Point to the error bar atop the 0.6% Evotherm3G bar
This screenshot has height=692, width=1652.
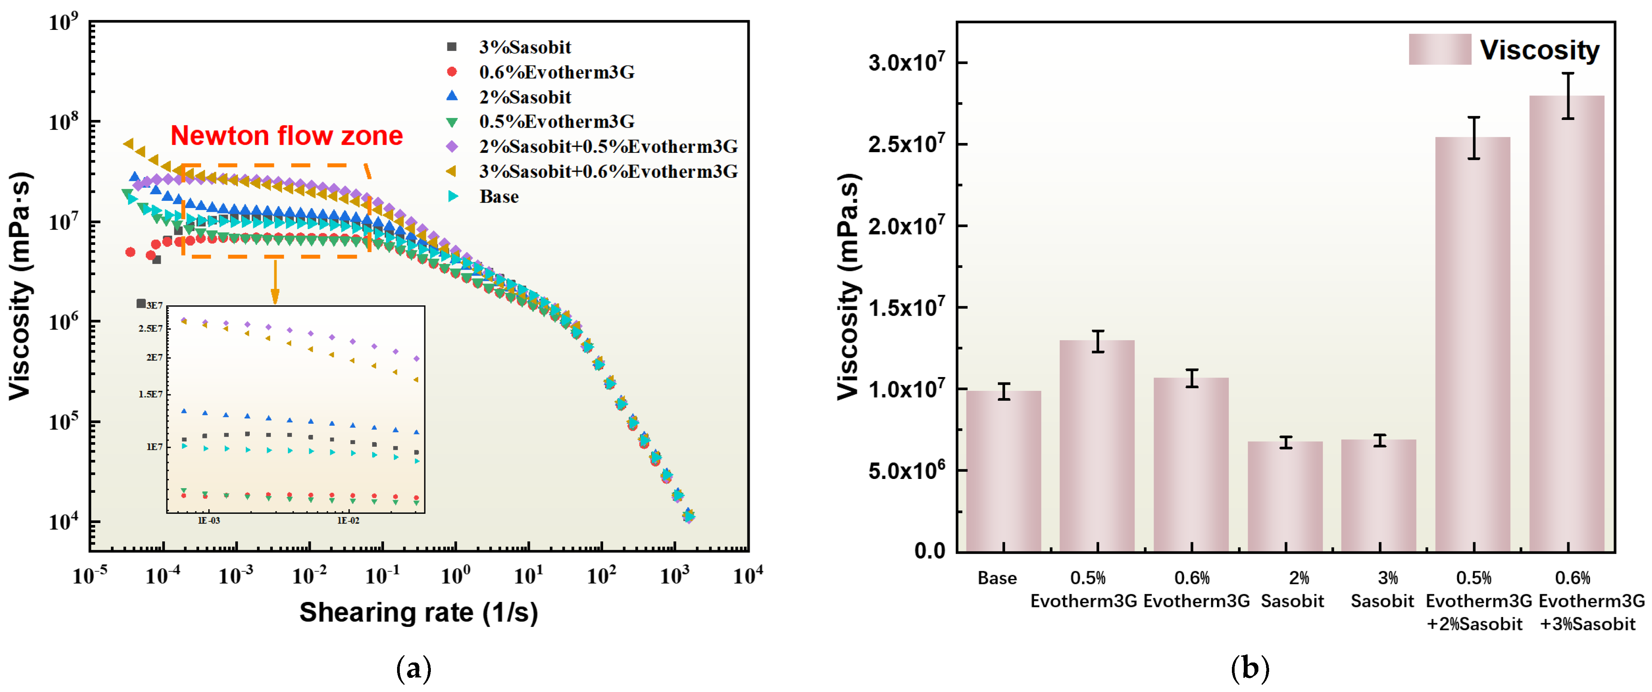coord(1192,378)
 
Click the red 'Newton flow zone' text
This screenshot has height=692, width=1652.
coord(287,136)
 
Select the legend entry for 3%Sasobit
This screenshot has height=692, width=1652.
coord(524,47)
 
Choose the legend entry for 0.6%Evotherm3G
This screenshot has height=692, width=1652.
coord(556,72)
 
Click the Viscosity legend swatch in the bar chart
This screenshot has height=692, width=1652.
coord(1440,49)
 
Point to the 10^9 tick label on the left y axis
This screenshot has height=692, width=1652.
coord(64,23)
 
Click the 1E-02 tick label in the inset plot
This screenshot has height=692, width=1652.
coord(348,520)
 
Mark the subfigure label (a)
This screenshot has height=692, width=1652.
coord(414,669)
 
